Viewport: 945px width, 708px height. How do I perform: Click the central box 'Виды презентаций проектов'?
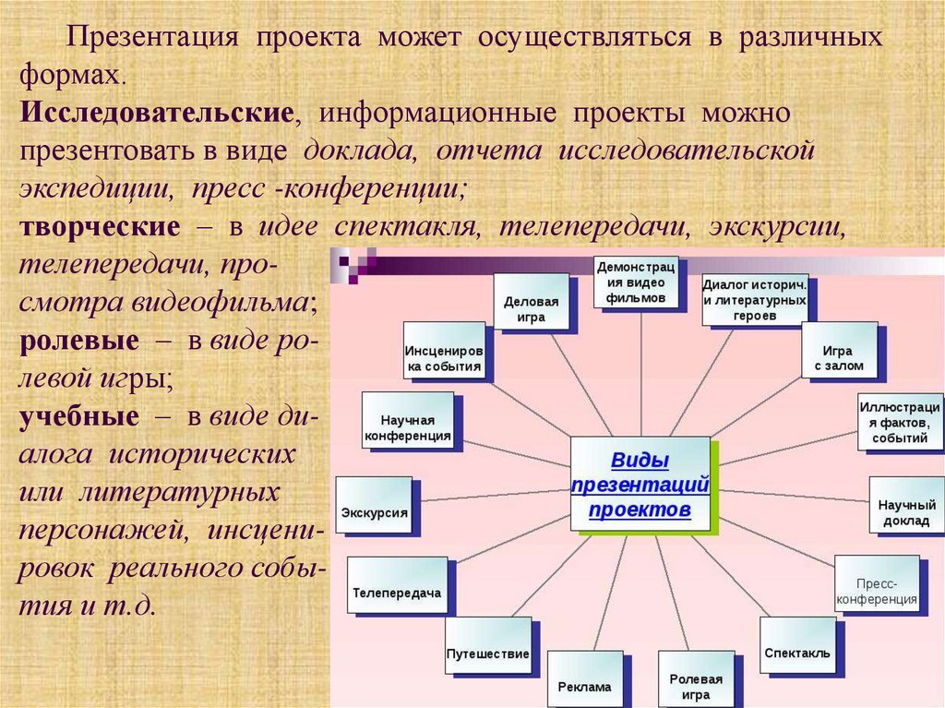[x=640, y=484]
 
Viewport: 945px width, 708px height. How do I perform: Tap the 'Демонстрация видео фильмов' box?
[x=635, y=282]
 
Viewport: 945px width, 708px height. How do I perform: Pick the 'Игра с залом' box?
[x=838, y=350]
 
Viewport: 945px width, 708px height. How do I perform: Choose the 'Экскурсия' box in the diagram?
[x=374, y=504]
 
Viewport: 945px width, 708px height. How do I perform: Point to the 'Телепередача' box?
[x=397, y=584]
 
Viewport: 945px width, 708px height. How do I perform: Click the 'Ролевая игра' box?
[x=696, y=678]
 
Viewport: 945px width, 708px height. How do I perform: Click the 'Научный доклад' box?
[x=906, y=504]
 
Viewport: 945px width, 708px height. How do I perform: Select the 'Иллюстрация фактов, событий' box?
[x=900, y=421]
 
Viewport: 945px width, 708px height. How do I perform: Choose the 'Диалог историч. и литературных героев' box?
[x=756, y=299]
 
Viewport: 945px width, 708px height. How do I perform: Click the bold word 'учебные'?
[x=79, y=415]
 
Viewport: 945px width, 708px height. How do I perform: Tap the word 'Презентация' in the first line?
[x=157, y=39]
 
